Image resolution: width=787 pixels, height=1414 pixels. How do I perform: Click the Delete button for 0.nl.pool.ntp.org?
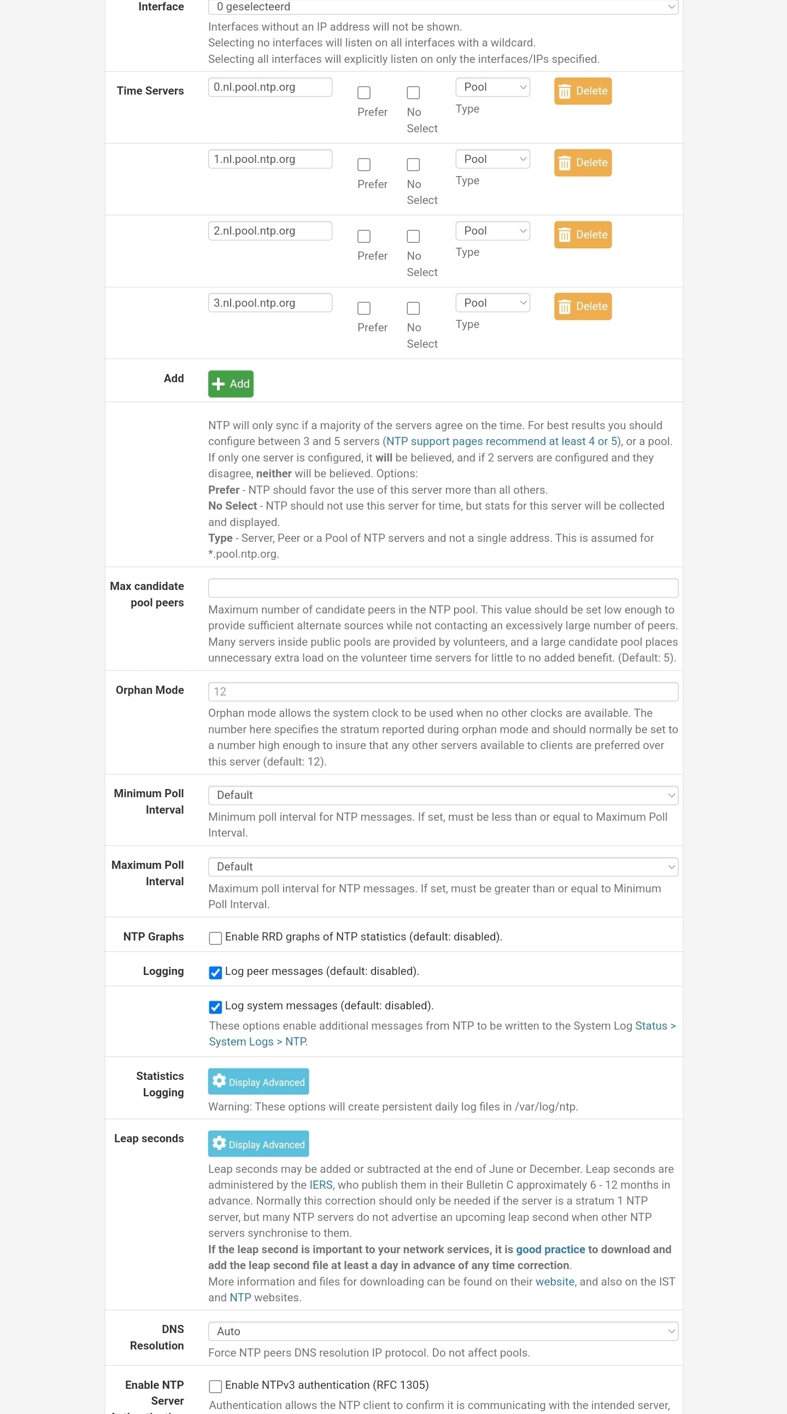point(582,91)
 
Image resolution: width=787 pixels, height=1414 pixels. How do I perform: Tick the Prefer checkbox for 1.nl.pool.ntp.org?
point(363,165)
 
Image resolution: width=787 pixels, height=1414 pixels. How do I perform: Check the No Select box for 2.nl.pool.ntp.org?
point(413,237)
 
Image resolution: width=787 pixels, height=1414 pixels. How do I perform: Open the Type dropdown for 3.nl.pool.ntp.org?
point(492,303)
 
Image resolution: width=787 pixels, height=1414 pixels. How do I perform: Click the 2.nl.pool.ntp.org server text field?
point(269,231)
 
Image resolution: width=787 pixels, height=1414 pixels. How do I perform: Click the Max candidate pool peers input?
point(442,588)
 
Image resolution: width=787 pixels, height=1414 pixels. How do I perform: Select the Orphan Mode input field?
point(442,692)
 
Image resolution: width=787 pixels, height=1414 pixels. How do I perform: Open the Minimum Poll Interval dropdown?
point(442,796)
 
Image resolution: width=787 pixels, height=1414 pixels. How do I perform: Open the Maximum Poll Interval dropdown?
point(442,867)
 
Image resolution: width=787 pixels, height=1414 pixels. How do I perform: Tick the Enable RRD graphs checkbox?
point(215,938)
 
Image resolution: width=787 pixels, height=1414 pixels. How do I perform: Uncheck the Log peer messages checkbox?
point(215,973)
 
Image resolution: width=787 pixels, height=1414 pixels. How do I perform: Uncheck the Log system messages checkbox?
point(215,1007)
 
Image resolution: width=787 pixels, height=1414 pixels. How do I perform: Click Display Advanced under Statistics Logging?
point(258,1082)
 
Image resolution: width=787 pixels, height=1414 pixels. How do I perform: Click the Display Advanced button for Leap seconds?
point(258,1144)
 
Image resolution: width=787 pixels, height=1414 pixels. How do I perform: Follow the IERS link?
point(320,1185)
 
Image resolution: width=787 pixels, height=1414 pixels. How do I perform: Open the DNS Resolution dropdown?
point(442,1331)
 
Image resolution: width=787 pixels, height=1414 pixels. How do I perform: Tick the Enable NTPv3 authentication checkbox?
point(215,1387)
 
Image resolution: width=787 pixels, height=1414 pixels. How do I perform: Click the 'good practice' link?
point(550,1250)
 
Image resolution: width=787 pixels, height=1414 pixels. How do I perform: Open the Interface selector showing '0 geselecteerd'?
point(442,7)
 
